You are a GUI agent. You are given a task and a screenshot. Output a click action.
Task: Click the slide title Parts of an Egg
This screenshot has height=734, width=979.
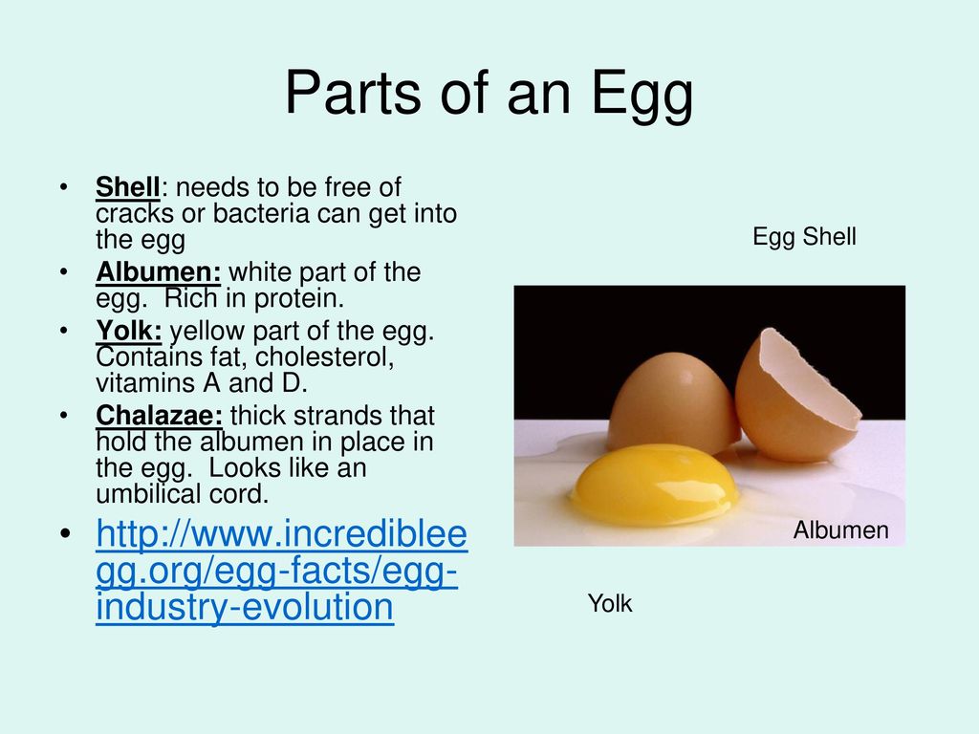489,95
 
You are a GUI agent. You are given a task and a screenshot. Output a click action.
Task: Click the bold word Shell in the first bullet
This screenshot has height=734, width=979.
128,187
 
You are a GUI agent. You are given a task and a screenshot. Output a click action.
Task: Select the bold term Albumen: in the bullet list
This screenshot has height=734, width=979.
159,272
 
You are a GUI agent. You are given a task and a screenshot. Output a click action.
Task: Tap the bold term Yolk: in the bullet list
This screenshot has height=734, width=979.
129,331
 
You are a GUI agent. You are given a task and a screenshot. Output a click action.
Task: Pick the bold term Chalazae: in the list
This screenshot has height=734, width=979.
160,416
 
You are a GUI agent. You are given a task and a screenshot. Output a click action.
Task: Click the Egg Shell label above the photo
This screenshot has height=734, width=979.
804,237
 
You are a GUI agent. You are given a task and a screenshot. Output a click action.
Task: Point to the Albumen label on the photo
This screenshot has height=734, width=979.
841,529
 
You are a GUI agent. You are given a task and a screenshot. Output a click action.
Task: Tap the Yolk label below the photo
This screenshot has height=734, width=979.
610,604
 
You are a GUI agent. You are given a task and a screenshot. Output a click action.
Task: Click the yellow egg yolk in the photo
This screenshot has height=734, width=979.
653,484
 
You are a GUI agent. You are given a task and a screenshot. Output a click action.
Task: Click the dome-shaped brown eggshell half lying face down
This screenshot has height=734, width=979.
674,402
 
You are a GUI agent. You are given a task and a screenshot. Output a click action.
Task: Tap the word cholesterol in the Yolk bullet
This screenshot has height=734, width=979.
325,357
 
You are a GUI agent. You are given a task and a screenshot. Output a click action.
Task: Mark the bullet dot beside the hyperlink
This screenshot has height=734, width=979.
66,534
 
